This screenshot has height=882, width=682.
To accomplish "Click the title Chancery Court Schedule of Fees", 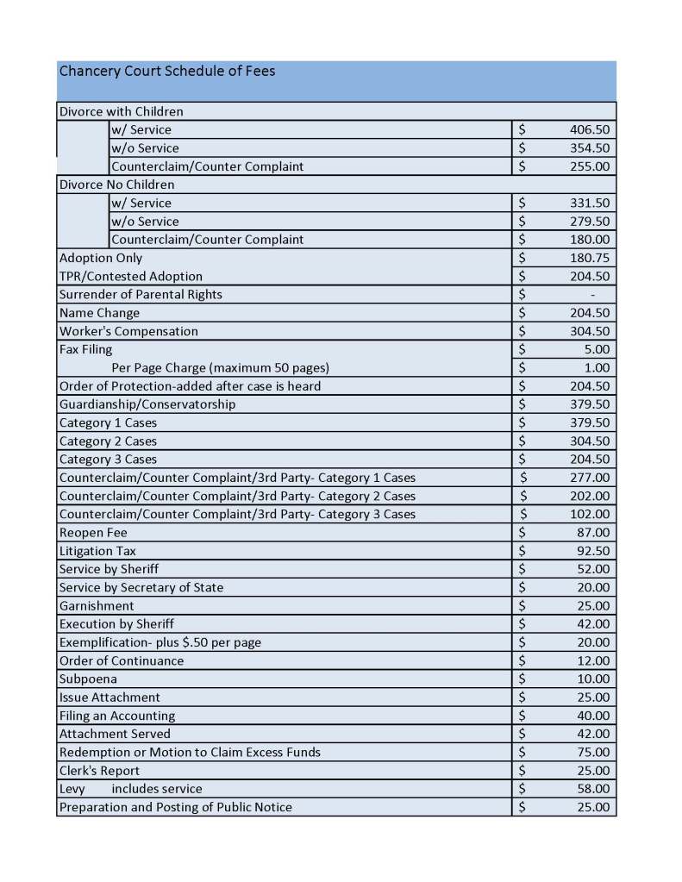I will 167,72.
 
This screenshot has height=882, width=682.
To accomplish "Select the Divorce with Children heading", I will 121,111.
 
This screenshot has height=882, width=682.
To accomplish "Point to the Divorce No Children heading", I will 116,185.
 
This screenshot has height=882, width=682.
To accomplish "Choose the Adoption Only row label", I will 101,258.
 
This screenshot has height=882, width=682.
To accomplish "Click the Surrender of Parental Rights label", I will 141,295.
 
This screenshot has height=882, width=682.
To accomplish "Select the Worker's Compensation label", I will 128,331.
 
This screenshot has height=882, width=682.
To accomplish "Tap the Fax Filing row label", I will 85,349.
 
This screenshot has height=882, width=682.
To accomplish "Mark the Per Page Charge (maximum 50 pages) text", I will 221,368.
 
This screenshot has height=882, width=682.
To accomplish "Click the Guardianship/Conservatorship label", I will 147,404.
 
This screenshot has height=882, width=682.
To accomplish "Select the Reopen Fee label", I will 93,533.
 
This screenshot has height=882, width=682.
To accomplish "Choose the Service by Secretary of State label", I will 141,587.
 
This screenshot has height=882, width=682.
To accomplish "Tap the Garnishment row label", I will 97,606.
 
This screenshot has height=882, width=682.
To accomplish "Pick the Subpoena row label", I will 88,679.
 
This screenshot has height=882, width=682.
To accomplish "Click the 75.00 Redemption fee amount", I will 592,752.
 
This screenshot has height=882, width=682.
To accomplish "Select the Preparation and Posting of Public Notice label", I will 175,807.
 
